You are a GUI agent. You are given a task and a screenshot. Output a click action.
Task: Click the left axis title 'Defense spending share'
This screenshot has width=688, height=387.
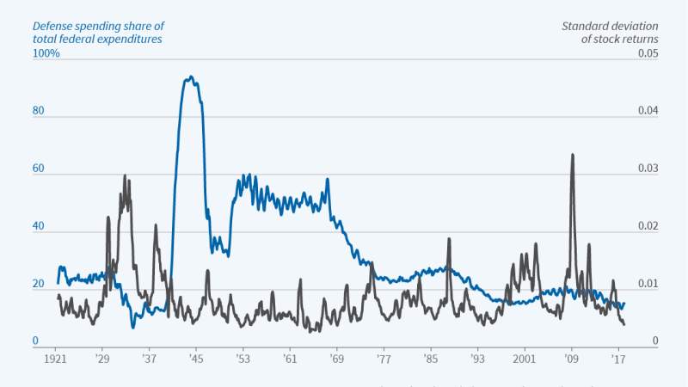[x=97, y=32]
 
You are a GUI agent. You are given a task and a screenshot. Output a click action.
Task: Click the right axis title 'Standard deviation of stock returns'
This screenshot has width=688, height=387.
[x=610, y=32]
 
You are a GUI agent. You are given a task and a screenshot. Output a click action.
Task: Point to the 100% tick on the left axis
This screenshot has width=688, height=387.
[x=46, y=53]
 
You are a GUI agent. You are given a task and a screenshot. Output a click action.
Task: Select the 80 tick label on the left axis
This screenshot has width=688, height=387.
[x=38, y=111]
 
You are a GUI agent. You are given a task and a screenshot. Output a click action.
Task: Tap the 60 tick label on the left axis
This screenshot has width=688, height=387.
[x=38, y=169]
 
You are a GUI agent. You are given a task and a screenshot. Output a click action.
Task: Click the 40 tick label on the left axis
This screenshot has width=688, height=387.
[x=38, y=226]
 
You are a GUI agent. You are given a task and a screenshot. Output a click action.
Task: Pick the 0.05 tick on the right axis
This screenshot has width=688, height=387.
[x=647, y=53]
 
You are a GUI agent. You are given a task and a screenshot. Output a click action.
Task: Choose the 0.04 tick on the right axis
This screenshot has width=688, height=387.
[x=647, y=111]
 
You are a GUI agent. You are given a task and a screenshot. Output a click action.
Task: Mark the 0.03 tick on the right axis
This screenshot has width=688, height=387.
[x=647, y=169]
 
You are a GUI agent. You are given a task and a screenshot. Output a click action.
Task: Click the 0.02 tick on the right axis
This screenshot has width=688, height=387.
[x=647, y=226]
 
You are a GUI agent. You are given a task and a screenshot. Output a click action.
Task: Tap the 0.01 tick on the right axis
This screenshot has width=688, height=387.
[x=647, y=284]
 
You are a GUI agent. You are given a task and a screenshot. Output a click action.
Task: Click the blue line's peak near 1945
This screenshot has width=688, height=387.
[x=190, y=77]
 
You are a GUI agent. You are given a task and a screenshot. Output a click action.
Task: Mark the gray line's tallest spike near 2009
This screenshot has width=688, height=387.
[x=572, y=155]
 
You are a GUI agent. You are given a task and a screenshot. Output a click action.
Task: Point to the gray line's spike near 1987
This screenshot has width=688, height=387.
[x=448, y=239]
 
